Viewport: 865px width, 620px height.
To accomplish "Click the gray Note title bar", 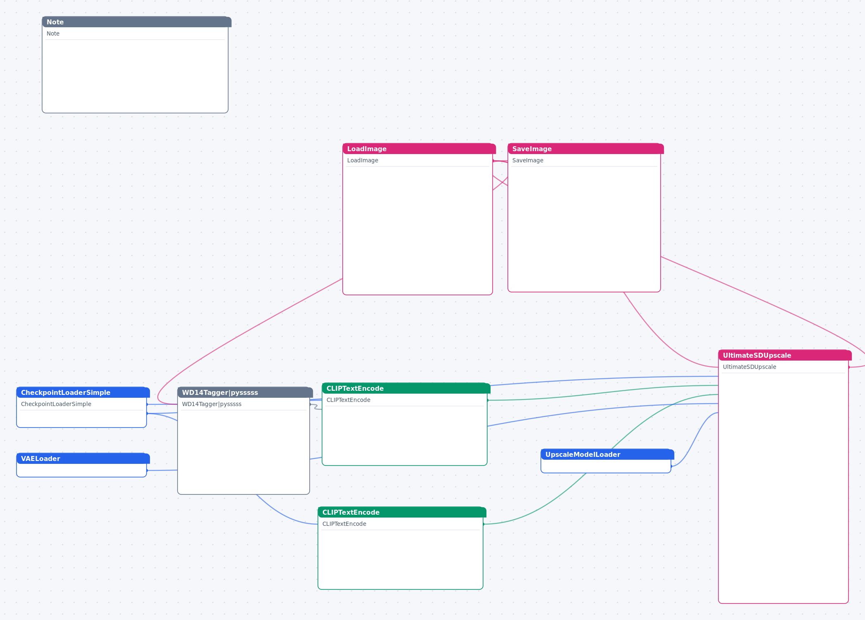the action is click(136, 22).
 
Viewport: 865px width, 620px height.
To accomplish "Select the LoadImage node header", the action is click(419, 149).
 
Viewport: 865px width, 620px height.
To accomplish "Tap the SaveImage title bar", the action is click(585, 149).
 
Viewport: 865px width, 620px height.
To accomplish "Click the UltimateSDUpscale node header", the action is click(784, 355).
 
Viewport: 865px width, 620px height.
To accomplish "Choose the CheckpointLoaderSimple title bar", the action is click(83, 392).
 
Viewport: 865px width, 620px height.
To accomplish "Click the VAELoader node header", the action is click(83, 458).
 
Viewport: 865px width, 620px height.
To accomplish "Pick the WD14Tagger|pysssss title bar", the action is click(245, 392).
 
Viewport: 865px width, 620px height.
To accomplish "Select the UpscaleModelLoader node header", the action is click(607, 454).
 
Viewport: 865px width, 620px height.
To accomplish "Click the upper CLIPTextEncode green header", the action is click(406, 388).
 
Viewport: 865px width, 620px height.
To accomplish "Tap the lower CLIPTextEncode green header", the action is click(402, 512).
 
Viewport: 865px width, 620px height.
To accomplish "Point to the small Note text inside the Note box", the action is click(53, 33).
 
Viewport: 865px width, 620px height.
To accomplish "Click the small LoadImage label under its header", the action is click(363, 160).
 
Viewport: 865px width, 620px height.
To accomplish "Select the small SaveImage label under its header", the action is click(528, 160).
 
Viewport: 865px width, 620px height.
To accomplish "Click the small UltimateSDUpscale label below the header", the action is click(749, 367).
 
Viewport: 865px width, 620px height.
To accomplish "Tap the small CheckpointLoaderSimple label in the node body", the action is click(56, 404).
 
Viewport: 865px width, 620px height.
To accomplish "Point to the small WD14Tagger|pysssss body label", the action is click(212, 404).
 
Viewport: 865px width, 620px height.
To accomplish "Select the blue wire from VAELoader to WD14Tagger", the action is click(162, 470).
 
